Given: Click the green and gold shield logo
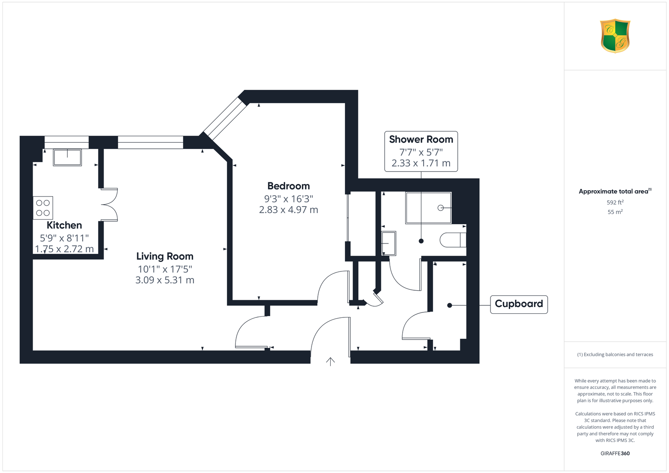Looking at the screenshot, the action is (615, 36).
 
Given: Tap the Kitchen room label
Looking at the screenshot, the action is (64, 225).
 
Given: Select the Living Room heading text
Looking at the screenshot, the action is (165, 256).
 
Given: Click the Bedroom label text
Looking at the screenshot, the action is (289, 186).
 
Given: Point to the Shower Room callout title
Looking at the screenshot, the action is (421, 139).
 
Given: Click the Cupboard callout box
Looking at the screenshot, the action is (519, 304).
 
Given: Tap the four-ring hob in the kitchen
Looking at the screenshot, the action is (43, 208).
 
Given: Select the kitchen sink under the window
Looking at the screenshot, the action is (67, 157).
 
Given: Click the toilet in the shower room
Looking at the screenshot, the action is (453, 240).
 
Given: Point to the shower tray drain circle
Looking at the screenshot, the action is (441, 208).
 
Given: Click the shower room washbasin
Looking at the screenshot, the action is (389, 243).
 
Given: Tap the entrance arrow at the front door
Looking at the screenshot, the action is (330, 362).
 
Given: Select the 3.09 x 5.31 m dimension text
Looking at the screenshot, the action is (165, 280).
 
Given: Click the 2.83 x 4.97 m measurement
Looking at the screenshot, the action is (289, 210).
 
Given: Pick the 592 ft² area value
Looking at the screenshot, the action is (615, 202).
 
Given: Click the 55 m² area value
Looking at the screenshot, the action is (615, 212).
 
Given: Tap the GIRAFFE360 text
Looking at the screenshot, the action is (615, 453).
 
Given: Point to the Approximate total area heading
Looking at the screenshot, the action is (615, 191).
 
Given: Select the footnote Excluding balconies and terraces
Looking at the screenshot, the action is (615, 354).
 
